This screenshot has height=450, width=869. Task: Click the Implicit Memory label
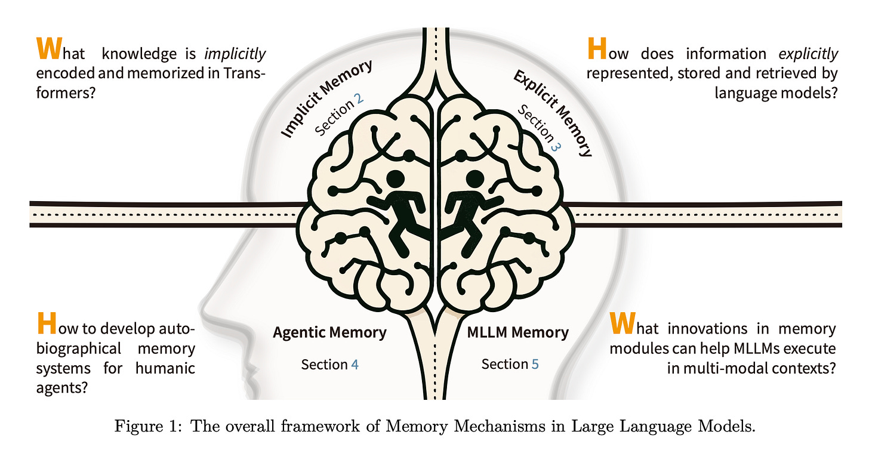click(326, 98)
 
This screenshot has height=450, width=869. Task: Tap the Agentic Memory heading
click(329, 332)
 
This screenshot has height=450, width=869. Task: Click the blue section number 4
click(355, 364)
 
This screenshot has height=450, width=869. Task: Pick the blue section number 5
click(535, 364)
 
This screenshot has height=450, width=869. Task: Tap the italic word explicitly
click(809, 54)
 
